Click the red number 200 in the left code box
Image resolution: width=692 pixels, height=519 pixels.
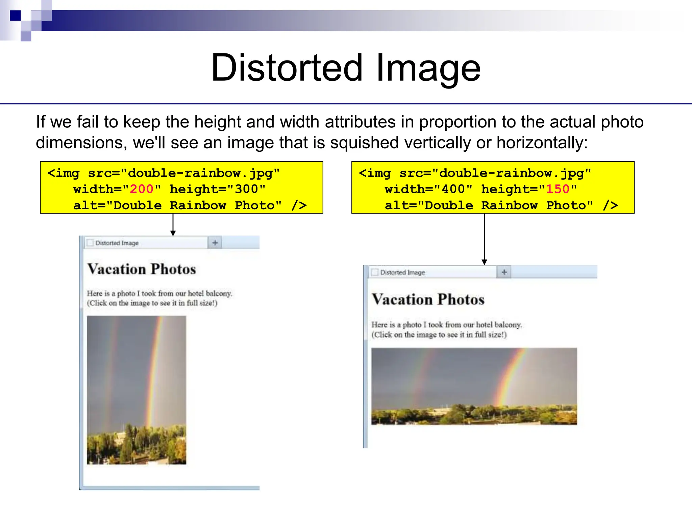pyautogui.click(x=142, y=189)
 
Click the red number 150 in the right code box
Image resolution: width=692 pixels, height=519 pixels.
pyautogui.click(x=558, y=189)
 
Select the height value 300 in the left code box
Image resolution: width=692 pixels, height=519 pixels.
pyautogui.click(x=246, y=189)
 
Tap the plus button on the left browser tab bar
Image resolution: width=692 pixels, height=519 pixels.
pyautogui.click(x=215, y=243)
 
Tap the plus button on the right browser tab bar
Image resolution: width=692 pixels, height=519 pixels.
pyautogui.click(x=504, y=272)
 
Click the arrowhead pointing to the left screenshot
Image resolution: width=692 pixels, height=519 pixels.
pyautogui.click(x=173, y=233)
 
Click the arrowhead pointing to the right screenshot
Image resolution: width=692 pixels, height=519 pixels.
pyautogui.click(x=484, y=262)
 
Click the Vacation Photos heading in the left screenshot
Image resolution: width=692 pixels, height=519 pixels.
pyautogui.click(x=142, y=269)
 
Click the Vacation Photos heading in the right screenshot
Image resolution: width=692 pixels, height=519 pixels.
pyautogui.click(x=428, y=300)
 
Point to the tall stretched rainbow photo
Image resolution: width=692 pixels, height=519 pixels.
pyautogui.click(x=136, y=390)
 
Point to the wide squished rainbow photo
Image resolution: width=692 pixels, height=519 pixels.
pyautogui.click(x=474, y=386)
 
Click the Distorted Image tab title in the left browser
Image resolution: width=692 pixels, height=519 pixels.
pyautogui.click(x=117, y=243)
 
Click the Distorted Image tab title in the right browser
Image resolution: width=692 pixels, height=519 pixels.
pyautogui.click(x=402, y=272)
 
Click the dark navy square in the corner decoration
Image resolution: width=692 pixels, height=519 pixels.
pyautogui.click(x=15, y=16)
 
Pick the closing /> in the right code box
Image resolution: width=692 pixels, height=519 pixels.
pyautogui.click(x=610, y=205)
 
